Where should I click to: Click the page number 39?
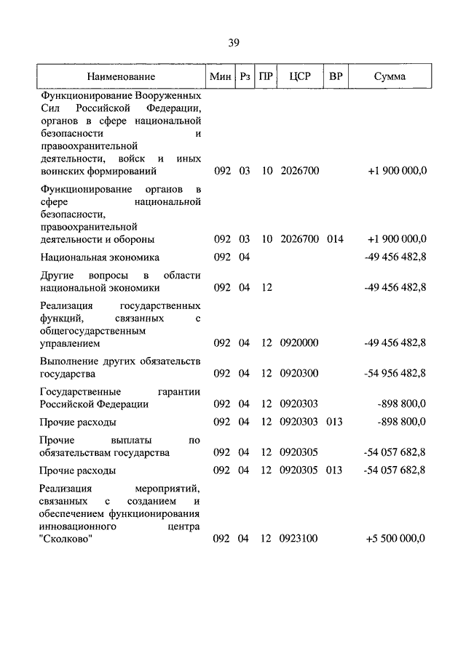tap(233, 42)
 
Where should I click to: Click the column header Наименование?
tap(120, 76)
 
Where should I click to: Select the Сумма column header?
tap(390, 76)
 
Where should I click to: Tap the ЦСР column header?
tap(299, 76)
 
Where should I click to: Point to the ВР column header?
tap(336, 76)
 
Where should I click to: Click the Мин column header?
tap(219, 76)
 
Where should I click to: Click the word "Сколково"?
tap(66, 539)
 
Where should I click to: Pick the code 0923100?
tap(299, 539)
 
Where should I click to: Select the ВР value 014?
tap(335, 239)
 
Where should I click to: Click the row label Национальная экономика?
tap(100, 257)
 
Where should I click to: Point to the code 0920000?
tap(299, 342)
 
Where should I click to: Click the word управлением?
tap(71, 342)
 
